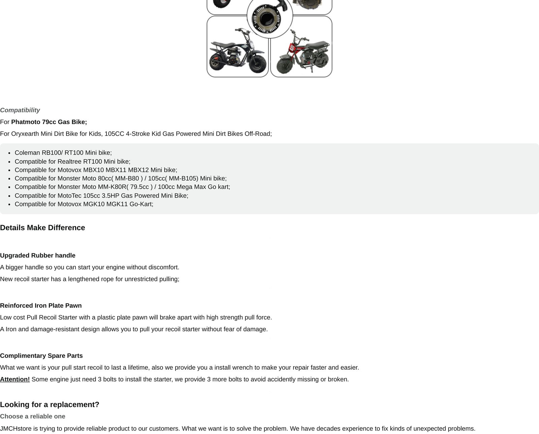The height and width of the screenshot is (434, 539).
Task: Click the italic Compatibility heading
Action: click(x=20, y=110)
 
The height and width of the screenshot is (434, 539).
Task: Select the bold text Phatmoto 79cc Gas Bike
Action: click(x=49, y=122)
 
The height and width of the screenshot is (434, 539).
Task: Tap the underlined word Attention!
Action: click(x=15, y=379)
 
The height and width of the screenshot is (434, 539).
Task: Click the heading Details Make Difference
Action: click(x=42, y=228)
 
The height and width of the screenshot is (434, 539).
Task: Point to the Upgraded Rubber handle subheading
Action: click(x=38, y=255)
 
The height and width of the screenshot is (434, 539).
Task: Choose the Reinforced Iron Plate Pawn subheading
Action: click(x=41, y=306)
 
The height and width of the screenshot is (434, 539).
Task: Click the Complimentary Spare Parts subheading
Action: click(x=41, y=356)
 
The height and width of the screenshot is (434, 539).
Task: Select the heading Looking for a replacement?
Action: click(x=50, y=405)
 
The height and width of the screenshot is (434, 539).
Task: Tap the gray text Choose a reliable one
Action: click(x=33, y=416)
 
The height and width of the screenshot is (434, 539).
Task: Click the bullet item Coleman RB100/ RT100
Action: click(x=63, y=153)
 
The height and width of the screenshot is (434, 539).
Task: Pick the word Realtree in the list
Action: click(x=70, y=161)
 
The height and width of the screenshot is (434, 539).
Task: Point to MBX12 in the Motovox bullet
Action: click(x=138, y=170)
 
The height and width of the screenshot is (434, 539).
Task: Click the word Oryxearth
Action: click(x=25, y=134)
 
